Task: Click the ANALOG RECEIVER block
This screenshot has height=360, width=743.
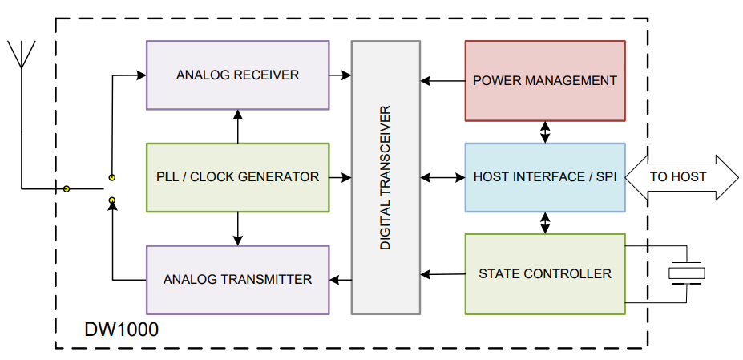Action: click(x=237, y=75)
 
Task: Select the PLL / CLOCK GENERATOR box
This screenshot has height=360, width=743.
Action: click(x=237, y=177)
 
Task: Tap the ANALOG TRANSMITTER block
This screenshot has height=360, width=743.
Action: click(x=237, y=280)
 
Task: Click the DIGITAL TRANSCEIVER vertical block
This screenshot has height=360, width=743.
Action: click(x=386, y=177)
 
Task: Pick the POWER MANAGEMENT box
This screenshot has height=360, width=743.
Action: click(x=545, y=80)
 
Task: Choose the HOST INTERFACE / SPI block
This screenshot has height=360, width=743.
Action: click(x=545, y=177)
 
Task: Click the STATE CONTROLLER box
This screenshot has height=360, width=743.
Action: click(x=545, y=274)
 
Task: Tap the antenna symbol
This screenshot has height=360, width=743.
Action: click(x=22, y=56)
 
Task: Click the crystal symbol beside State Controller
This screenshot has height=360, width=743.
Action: click(x=687, y=273)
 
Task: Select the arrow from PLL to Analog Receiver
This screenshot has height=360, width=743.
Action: click(x=237, y=126)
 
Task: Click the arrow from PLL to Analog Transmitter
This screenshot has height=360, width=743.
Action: click(x=237, y=229)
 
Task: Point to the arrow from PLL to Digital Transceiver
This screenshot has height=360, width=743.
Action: click(x=341, y=177)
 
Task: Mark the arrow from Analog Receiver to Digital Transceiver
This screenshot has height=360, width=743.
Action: click(x=341, y=75)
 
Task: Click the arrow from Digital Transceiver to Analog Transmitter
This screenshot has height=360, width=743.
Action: click(x=341, y=280)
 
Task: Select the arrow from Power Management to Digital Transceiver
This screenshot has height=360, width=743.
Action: click(x=442, y=80)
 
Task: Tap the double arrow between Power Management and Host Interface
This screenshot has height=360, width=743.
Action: click(x=546, y=131)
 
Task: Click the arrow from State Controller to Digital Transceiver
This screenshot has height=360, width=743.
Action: click(x=442, y=274)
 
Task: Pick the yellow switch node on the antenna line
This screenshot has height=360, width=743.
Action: click(x=67, y=189)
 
